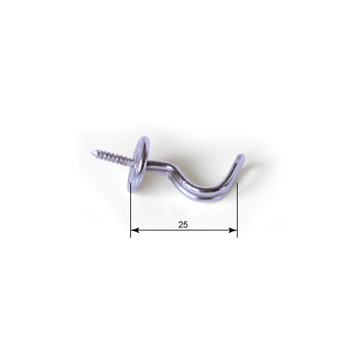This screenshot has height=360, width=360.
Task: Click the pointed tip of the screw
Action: point(92,153)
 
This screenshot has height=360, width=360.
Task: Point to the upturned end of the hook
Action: point(240,158)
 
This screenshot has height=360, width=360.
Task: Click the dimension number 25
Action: point(183,225)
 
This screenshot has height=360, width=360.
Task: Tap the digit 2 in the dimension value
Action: point(181,225)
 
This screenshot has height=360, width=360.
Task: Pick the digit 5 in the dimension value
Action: point(186,225)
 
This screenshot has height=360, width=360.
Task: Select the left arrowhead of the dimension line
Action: point(135,230)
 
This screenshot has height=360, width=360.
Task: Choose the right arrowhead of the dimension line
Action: point(233,230)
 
